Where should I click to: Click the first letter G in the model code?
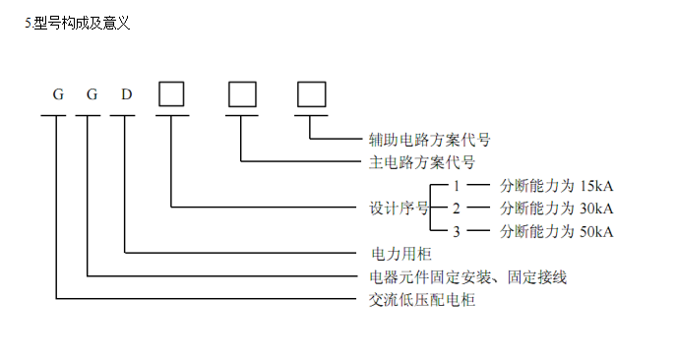coord(58,95)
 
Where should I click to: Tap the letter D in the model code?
coord(126,95)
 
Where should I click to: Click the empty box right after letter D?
coord(172,92)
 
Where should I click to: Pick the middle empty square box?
coord(242,92)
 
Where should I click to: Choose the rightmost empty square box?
coord(311,92)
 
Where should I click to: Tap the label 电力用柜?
coord(386,254)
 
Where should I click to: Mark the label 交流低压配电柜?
coord(415,300)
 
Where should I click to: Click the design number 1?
coord(457,185)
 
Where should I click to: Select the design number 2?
coord(457,208)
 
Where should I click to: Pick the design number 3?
coord(457,231)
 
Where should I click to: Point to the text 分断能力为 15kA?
coord(557,185)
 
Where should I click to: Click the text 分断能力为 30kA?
coord(557,208)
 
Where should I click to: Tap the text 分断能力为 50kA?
coord(557,231)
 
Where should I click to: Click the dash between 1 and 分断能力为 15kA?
coord(478,185)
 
